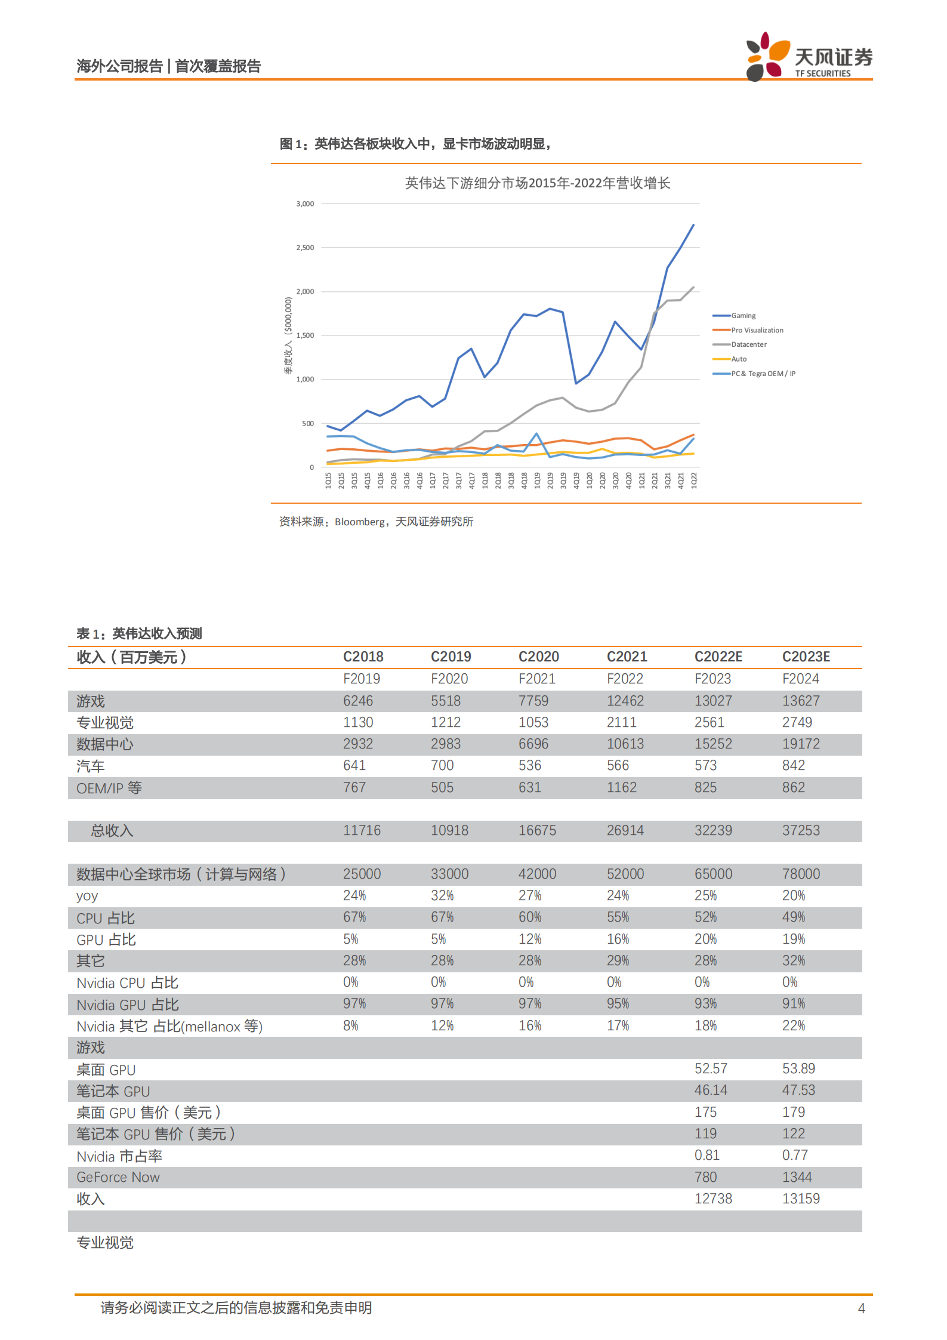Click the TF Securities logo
[x=808, y=57]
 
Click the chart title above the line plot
[x=537, y=183]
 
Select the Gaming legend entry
[x=743, y=316]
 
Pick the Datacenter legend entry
[x=748, y=344]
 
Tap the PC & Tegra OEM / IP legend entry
[x=763, y=374]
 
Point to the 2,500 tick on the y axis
[x=305, y=248]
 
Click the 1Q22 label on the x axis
[x=693, y=480]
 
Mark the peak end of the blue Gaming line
[x=693, y=225]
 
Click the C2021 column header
[x=627, y=657]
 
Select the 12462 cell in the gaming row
[x=625, y=701]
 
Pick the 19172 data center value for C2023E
[x=801, y=744]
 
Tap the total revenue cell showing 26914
[x=625, y=830]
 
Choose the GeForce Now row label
[x=118, y=1177]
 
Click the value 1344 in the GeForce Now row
[x=797, y=1177]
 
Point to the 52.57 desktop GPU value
[x=711, y=1068]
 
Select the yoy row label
[x=87, y=896]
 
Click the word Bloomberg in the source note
[x=359, y=522]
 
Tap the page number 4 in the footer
[x=861, y=1308]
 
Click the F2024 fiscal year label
[x=800, y=679]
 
